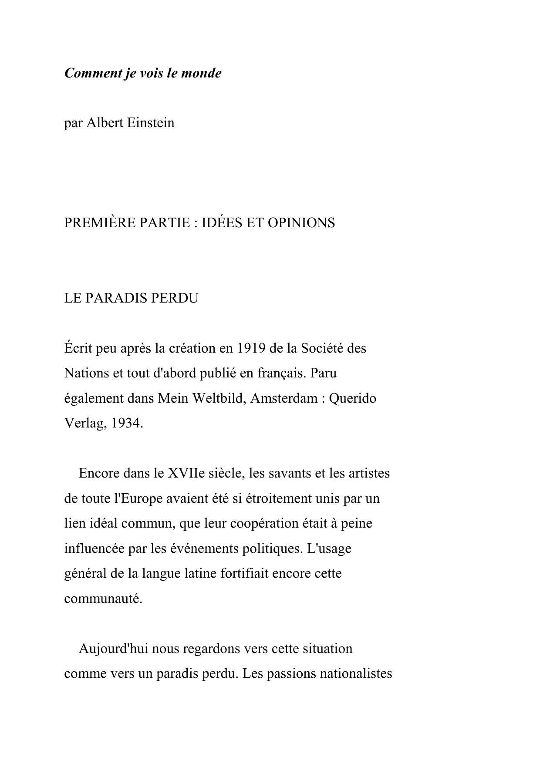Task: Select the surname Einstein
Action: (151, 123)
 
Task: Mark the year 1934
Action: (127, 423)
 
